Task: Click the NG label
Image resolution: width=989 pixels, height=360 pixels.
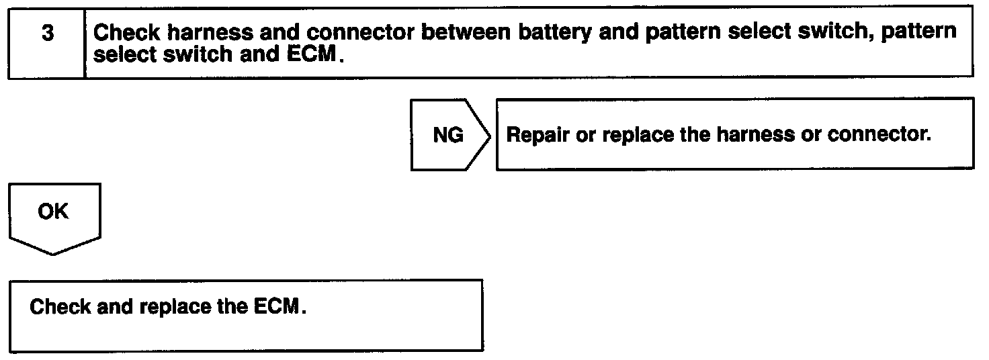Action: click(447, 135)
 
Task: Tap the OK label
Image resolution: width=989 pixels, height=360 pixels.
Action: click(52, 212)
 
